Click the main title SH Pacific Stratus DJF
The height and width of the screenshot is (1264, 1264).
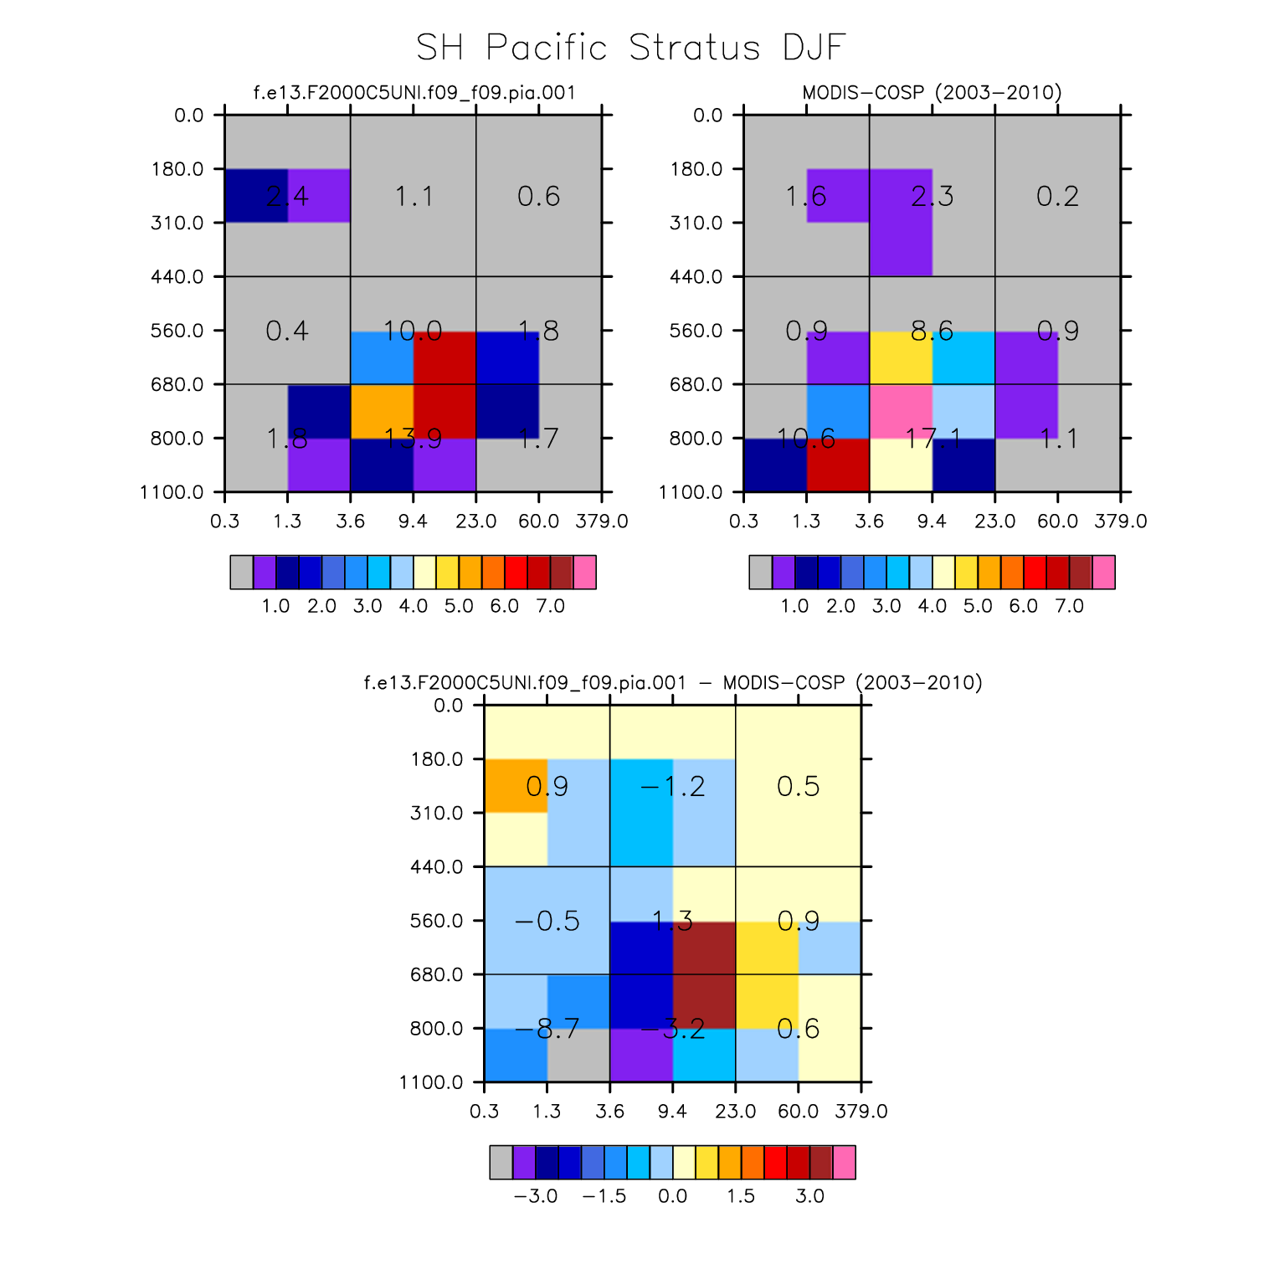click(x=631, y=48)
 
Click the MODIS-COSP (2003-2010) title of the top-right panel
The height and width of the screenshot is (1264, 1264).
click(x=932, y=92)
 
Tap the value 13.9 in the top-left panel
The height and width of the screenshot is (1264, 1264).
click(x=413, y=438)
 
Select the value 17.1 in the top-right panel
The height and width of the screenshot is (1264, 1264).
click(x=932, y=438)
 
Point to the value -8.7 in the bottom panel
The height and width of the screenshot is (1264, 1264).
click(x=547, y=1029)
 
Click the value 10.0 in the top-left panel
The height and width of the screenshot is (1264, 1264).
click(x=413, y=331)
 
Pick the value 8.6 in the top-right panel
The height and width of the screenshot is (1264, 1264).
click(x=932, y=331)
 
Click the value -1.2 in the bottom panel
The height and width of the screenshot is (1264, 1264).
click(x=672, y=786)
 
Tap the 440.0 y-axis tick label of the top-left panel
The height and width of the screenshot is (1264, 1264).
click(x=177, y=277)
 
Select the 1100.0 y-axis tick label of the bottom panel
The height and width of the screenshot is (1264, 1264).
click(x=431, y=1083)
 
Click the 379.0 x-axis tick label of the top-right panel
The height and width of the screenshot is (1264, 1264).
click(x=1120, y=522)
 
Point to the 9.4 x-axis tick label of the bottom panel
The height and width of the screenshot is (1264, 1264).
click(x=672, y=1112)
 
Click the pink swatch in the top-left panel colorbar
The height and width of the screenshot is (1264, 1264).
click(x=584, y=573)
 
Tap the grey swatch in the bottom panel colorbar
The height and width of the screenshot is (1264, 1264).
click(x=501, y=1163)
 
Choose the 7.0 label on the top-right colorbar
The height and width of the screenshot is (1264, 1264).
click(x=1069, y=606)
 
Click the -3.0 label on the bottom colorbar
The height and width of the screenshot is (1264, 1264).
click(x=535, y=1196)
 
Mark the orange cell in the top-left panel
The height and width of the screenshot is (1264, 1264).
click(x=382, y=411)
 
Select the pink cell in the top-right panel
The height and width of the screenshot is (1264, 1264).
click(x=901, y=411)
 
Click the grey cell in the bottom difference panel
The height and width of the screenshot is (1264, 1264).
click(x=578, y=1055)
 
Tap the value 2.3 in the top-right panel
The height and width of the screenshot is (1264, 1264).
click(x=932, y=197)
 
